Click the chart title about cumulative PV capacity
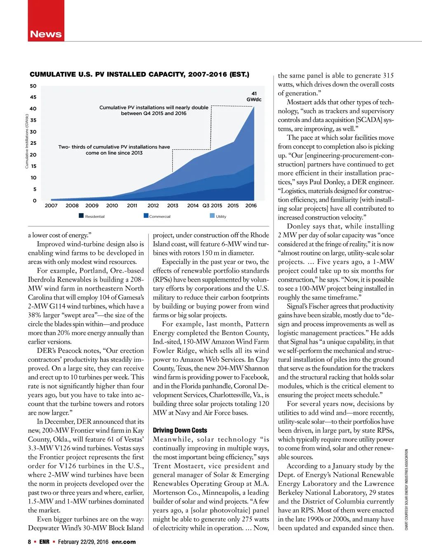pyautogui.click(x=139, y=75)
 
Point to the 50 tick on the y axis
pyautogui.click(x=33, y=86)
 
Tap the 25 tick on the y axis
pyautogui.click(x=33, y=143)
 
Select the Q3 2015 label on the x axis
pyautogui.click(x=212, y=205)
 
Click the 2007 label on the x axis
pyautogui.click(x=51, y=205)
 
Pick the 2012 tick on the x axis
pyautogui.click(x=153, y=205)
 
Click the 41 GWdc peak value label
pyautogui.click(x=254, y=97)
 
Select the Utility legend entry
pyautogui.click(x=218, y=216)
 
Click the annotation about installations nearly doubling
pyautogui.click(x=154, y=110)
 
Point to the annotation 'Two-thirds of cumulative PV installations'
pyautogui.click(x=114, y=150)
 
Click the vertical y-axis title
pyautogui.click(x=27, y=141)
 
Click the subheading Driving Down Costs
pyautogui.click(x=180, y=430)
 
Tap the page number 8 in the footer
pyautogui.click(x=29, y=542)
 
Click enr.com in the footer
pyautogui.click(x=124, y=542)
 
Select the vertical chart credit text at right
pyautogui.click(x=406, y=489)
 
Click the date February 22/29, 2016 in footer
pyautogui.click(x=83, y=542)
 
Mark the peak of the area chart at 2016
pyautogui.click(x=254, y=107)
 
